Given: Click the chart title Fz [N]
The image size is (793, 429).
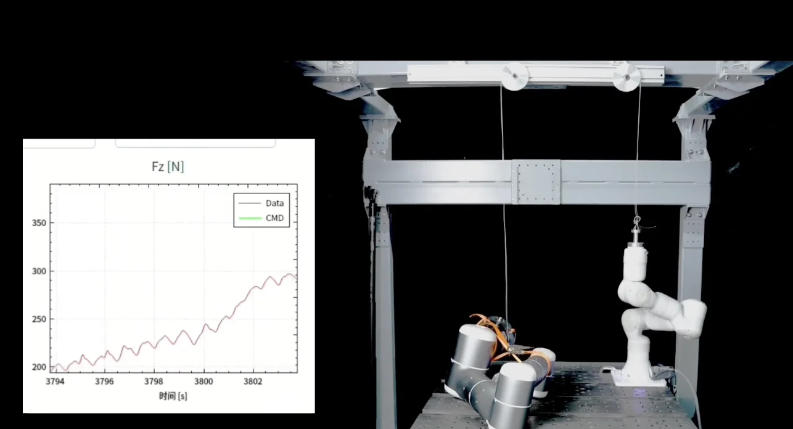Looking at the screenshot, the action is tap(168, 166).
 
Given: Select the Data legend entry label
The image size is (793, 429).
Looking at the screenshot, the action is tap(275, 203).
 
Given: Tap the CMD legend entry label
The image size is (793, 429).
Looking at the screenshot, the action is tap(275, 218).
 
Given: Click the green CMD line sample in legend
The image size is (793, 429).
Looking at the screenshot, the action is tap(250, 218).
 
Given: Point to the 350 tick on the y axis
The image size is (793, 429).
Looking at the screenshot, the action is tap(39, 223).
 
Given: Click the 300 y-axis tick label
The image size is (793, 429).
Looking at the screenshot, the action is tap(39, 271).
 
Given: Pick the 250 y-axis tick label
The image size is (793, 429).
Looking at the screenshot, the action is tap(39, 319).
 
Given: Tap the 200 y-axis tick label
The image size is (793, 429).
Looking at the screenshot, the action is tap(39, 367).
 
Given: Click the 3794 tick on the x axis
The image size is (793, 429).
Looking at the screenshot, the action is tap(55, 381).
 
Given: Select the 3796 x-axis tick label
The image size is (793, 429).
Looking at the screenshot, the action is tap(104, 381).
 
